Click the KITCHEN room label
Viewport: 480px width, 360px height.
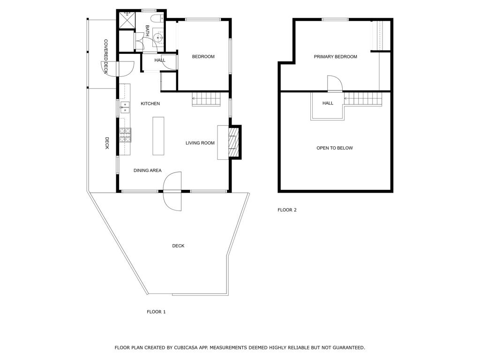tap(150, 104)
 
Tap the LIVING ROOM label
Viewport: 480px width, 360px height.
tap(200, 142)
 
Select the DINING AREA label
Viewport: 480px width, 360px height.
tap(147, 170)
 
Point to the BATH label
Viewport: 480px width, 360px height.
tap(147, 30)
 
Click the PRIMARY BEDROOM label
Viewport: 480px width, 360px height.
tap(335, 57)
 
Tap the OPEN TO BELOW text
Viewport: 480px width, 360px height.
tap(335, 148)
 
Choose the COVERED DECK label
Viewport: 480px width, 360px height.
tap(105, 56)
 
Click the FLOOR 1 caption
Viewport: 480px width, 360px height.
tap(156, 312)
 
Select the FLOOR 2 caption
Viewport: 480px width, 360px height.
tap(287, 210)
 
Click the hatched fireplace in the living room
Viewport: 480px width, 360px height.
tap(233, 142)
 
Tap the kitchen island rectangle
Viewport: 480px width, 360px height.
tap(158, 136)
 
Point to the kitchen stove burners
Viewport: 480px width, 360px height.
tap(125, 135)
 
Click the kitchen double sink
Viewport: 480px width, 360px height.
tap(125, 107)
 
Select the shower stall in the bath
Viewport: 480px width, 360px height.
tap(127, 20)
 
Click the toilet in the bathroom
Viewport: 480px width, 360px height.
tap(159, 18)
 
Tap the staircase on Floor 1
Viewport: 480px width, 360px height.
tap(206, 99)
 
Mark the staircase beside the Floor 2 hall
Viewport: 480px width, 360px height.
tap(363, 99)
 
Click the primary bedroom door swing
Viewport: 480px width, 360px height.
tap(335, 83)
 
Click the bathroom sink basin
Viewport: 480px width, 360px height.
tap(158, 37)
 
